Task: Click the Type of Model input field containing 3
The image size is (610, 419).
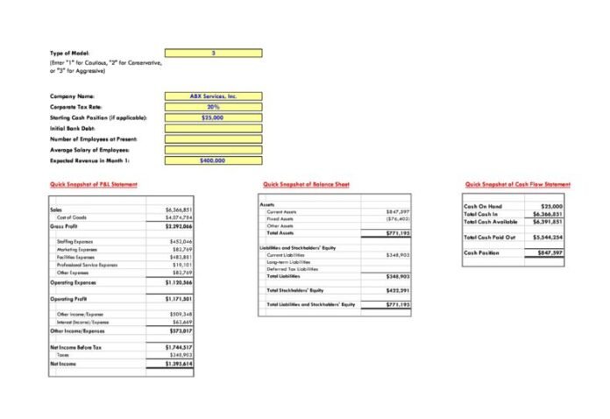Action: [x=213, y=53]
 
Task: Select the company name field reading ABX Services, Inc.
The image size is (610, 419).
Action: [x=213, y=96]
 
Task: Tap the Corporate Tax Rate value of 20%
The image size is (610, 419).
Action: [x=213, y=107]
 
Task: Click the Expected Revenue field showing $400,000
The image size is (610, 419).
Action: [x=213, y=160]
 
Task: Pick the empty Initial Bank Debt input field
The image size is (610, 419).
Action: [x=213, y=128]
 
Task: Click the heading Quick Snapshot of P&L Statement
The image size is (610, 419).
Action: [x=94, y=184]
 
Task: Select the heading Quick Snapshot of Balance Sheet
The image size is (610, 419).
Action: [x=306, y=184]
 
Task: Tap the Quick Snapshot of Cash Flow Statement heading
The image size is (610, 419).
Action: [x=517, y=184]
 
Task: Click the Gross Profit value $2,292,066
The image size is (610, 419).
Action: [x=179, y=226]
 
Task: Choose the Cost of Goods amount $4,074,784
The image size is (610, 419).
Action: [x=179, y=217]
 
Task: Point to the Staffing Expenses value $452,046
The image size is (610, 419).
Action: [x=181, y=241]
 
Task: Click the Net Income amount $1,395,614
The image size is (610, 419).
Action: [x=179, y=363]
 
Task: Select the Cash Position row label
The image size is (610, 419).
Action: [x=482, y=252]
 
